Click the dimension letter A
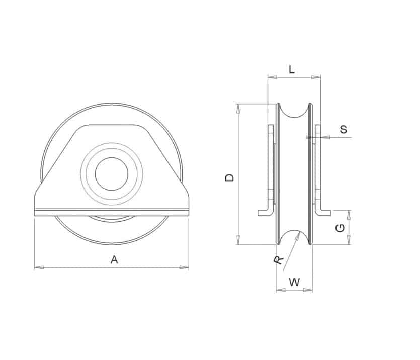[x=114, y=259]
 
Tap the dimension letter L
[x=292, y=69]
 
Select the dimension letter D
[x=229, y=177]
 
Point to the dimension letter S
[x=344, y=129]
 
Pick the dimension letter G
[x=340, y=228]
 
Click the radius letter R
[x=279, y=260]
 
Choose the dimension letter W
[x=294, y=282]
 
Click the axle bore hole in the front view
[x=112, y=174]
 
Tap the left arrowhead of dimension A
[x=39, y=267]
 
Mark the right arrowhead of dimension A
[x=184, y=267]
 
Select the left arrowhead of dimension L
[x=273, y=77]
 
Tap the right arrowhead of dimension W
[x=308, y=290]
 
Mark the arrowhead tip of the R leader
[x=299, y=232]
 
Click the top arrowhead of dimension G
[x=349, y=215]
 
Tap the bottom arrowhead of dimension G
[x=349, y=240]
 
